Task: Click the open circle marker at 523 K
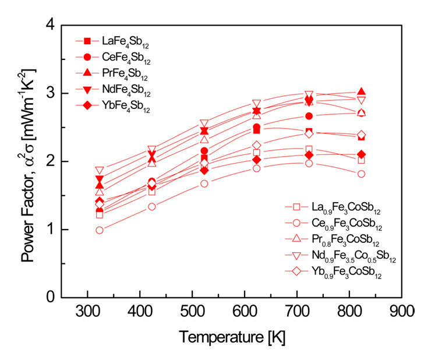(204, 183)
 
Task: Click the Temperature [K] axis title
(232, 337)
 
